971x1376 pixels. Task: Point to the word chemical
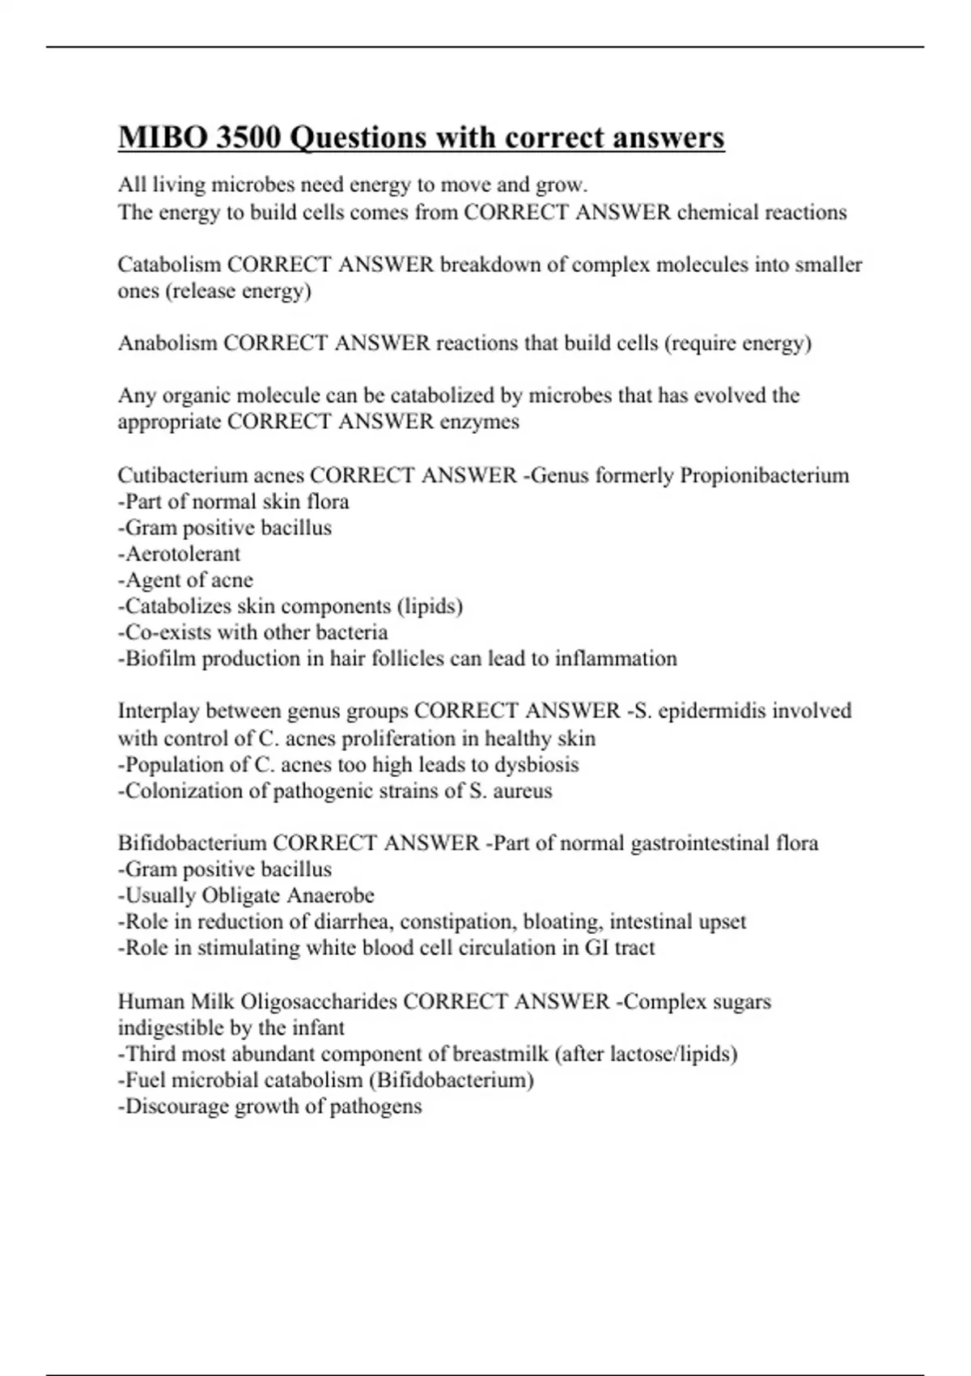pyautogui.click(x=719, y=212)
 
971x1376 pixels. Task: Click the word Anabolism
pyautogui.click(x=167, y=343)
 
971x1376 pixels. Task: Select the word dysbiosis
pyautogui.click(x=536, y=764)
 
